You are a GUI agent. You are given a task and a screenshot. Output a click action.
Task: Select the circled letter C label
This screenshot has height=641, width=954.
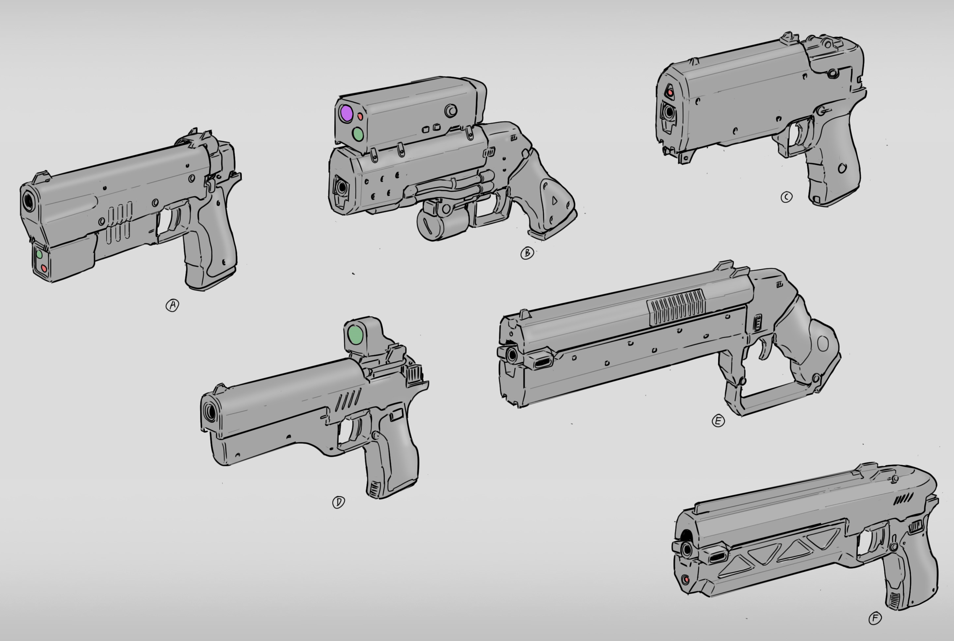(x=786, y=197)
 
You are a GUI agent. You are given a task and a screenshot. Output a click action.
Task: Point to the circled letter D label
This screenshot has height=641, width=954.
(x=338, y=502)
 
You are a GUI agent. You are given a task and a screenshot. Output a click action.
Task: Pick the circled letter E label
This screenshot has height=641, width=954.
(x=718, y=421)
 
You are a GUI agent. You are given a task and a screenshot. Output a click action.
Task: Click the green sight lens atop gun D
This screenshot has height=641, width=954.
(x=355, y=335)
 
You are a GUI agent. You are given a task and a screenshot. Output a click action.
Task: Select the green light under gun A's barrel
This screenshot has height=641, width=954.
(x=39, y=254)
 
